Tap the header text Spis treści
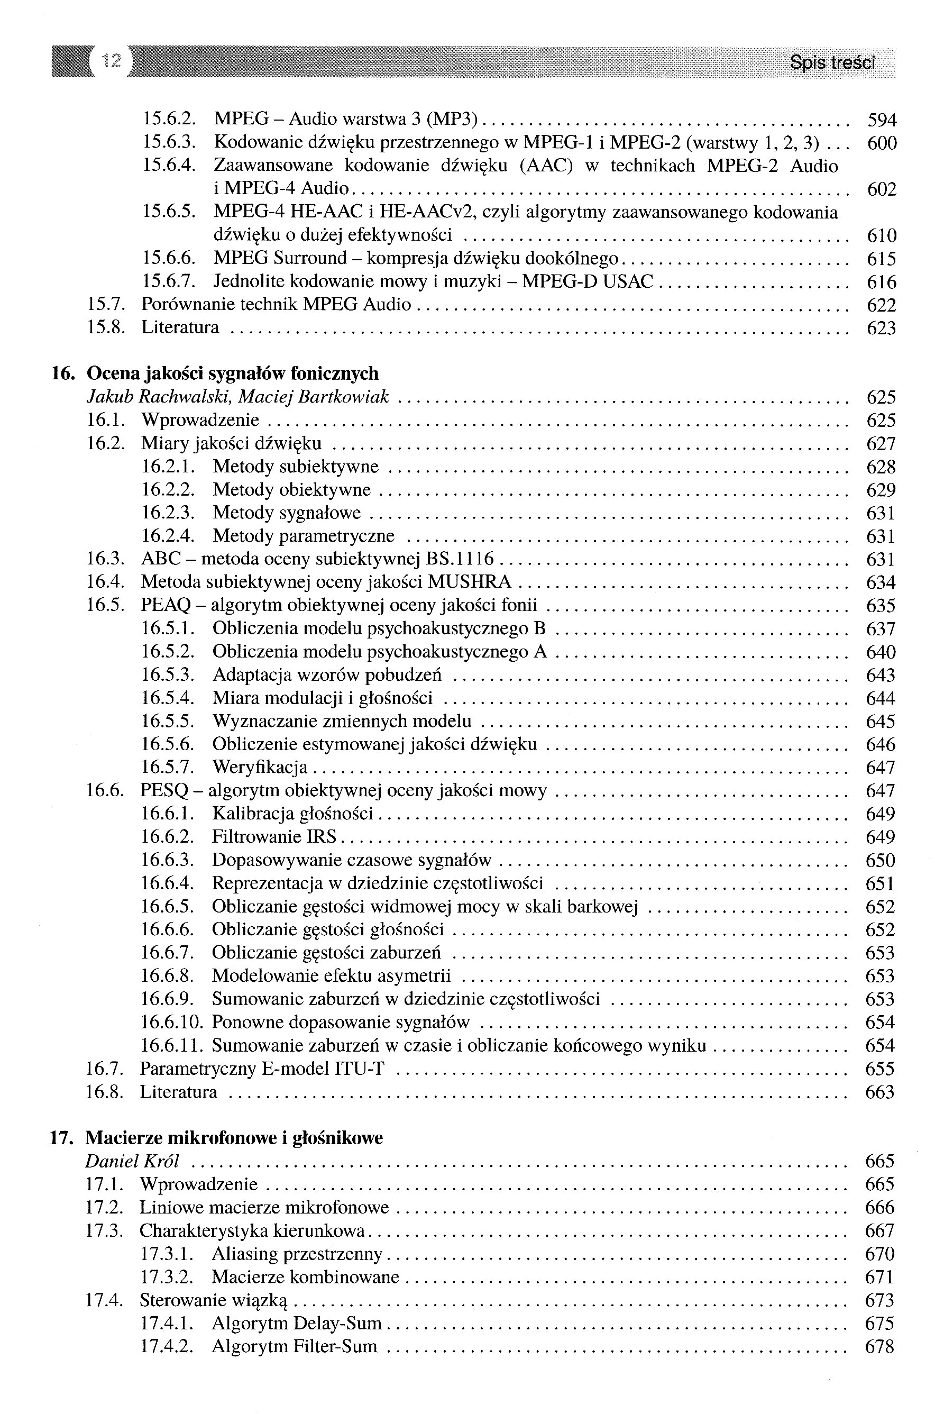[832, 62]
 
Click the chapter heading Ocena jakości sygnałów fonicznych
[233, 374]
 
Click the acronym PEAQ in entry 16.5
[165, 605]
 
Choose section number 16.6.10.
[172, 1022]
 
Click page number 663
[879, 1092]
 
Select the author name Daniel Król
[132, 1161]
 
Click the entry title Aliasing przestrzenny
[296, 1254]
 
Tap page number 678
[879, 1347]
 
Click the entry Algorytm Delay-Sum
[296, 1324]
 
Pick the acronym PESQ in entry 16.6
[164, 791]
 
